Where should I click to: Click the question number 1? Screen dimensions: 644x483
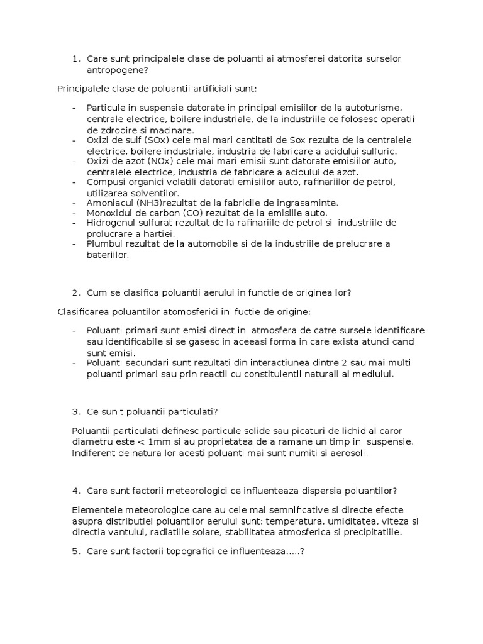click(x=75, y=58)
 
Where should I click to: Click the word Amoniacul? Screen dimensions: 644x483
click(x=108, y=203)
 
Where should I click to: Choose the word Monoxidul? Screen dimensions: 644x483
click(x=108, y=213)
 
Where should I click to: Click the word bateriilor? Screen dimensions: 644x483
click(x=108, y=254)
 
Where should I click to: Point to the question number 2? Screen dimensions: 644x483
click(x=75, y=292)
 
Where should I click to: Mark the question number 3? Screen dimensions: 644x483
click(x=75, y=411)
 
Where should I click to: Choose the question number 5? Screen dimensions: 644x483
click(x=75, y=552)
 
